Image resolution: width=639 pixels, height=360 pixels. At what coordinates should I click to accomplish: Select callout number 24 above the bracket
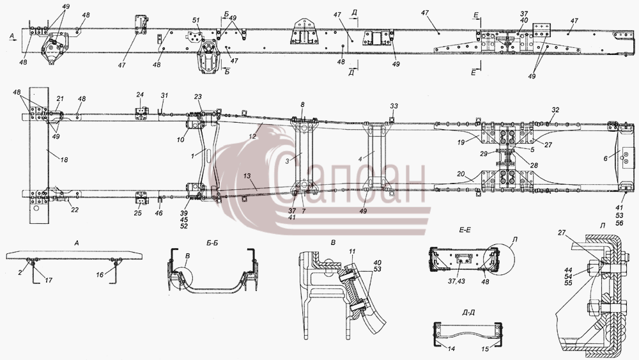click(140, 95)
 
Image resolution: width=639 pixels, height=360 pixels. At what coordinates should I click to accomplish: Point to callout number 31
click(164, 95)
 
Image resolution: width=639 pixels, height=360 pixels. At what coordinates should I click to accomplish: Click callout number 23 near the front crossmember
click(198, 97)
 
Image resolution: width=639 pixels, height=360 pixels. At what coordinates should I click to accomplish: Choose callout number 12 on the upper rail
click(252, 136)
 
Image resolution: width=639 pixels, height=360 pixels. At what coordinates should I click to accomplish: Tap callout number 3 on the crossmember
click(288, 161)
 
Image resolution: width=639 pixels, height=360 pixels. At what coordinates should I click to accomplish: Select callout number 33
click(394, 106)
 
